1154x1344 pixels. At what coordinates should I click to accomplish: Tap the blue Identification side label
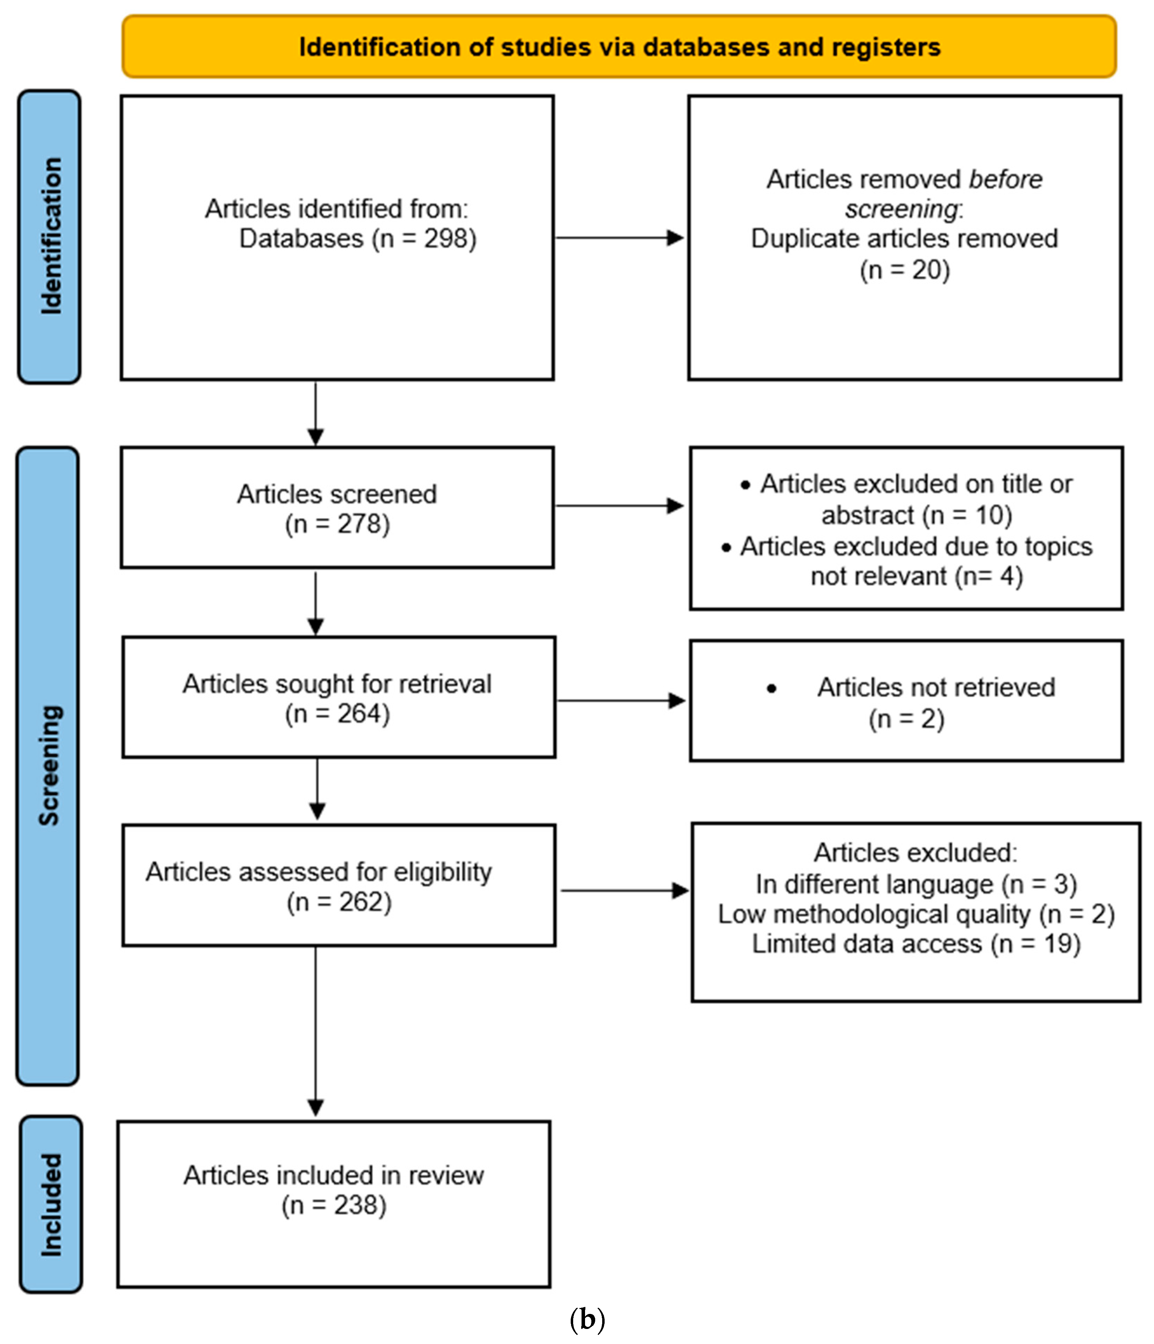(50, 237)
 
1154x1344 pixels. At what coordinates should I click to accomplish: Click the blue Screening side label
(49, 766)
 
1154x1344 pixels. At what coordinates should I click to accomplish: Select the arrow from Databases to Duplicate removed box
(620, 238)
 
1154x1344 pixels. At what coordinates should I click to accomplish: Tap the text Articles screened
(337, 494)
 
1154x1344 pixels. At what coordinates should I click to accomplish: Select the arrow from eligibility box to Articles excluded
(624, 891)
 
